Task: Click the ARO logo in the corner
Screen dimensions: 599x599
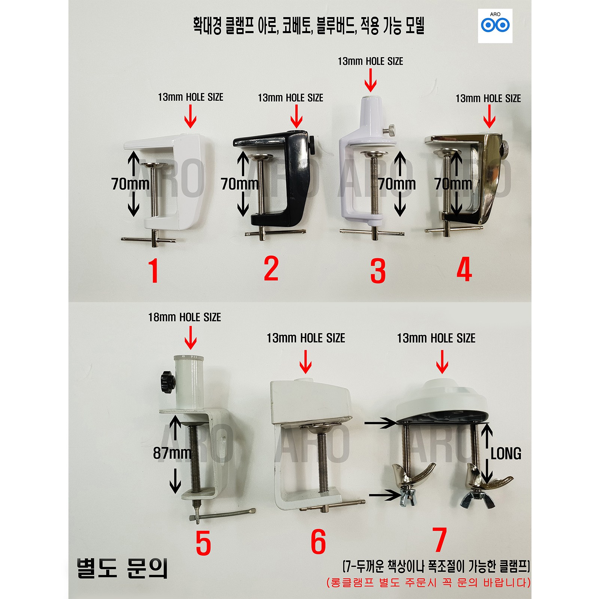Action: point(495,25)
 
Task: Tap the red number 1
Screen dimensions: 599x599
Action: point(153,270)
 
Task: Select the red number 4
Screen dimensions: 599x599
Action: point(464,270)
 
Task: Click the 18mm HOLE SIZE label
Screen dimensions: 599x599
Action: point(185,317)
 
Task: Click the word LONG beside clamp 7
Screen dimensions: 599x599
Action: point(506,453)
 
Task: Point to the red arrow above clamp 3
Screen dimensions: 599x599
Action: point(370,81)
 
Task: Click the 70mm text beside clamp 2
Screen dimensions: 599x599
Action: point(240,184)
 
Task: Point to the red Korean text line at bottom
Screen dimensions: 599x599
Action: point(428,583)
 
